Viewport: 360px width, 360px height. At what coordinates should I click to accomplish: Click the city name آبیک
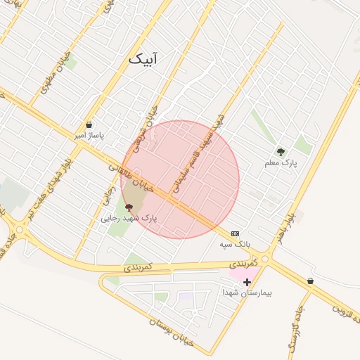coord(143,58)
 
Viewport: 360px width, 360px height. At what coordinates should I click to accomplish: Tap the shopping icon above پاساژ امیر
coord(89,124)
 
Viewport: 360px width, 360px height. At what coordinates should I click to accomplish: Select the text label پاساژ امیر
coord(89,136)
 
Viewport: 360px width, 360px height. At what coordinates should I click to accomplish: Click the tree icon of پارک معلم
coord(281,151)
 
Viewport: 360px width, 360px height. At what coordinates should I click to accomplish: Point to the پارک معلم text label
coord(281,162)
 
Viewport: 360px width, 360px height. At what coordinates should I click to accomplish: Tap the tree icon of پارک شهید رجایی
coord(128,207)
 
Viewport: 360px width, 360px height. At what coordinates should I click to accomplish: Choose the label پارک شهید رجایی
coord(129,218)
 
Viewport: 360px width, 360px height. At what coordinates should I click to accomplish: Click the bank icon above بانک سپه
coord(235,233)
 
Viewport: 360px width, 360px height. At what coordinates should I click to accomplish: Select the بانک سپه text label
coord(235,244)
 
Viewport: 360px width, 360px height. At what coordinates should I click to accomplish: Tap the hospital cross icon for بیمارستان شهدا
coord(247,282)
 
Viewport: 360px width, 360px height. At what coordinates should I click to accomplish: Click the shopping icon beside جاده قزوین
coord(310,281)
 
